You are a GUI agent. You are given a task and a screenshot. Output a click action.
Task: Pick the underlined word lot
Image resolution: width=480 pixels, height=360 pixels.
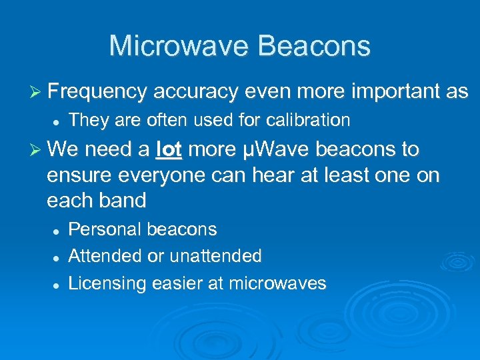point(169,149)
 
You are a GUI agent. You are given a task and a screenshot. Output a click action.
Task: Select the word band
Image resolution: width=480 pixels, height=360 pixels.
point(124,200)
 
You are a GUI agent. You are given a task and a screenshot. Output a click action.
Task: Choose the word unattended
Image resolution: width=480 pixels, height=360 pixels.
point(215,256)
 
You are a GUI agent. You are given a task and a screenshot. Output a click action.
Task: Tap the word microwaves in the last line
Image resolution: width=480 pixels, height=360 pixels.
point(277,283)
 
